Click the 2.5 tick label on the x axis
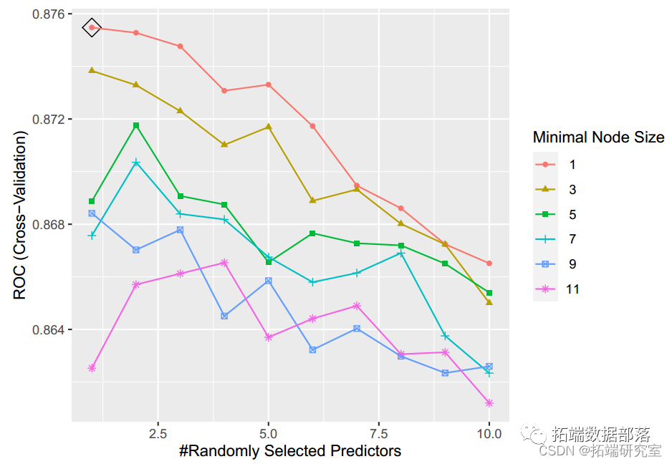click(158, 434)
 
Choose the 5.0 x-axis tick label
click(268, 434)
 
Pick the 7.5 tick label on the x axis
click(378, 434)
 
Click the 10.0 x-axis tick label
click(489, 434)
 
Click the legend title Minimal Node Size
click(598, 137)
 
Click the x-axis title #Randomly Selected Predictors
click(289, 451)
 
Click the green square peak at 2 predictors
click(136, 125)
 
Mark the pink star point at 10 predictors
click(489, 403)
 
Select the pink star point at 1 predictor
click(92, 368)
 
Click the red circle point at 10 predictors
click(489, 264)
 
